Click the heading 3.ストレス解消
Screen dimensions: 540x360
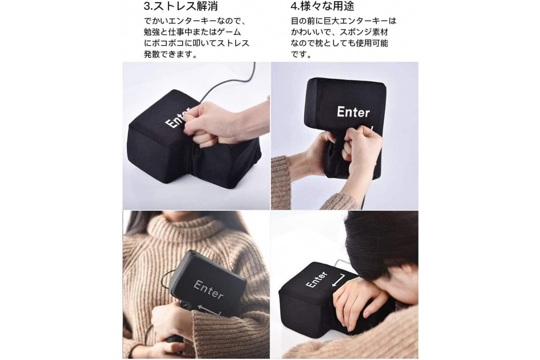coord(181,6)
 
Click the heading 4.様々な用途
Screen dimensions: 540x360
coord(322,6)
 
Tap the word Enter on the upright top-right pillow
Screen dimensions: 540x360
coord(353,112)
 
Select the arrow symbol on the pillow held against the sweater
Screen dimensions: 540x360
coord(209,310)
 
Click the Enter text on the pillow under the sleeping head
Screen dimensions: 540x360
coord(316,280)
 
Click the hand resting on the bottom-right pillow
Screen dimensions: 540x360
coord(357,305)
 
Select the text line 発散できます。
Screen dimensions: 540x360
coord(171,54)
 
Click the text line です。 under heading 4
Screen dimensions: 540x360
coord(301,54)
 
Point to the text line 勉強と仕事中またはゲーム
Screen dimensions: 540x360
coord(193,32)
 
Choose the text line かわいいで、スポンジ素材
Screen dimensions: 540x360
coord(339,32)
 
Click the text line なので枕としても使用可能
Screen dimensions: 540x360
coord(339,43)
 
